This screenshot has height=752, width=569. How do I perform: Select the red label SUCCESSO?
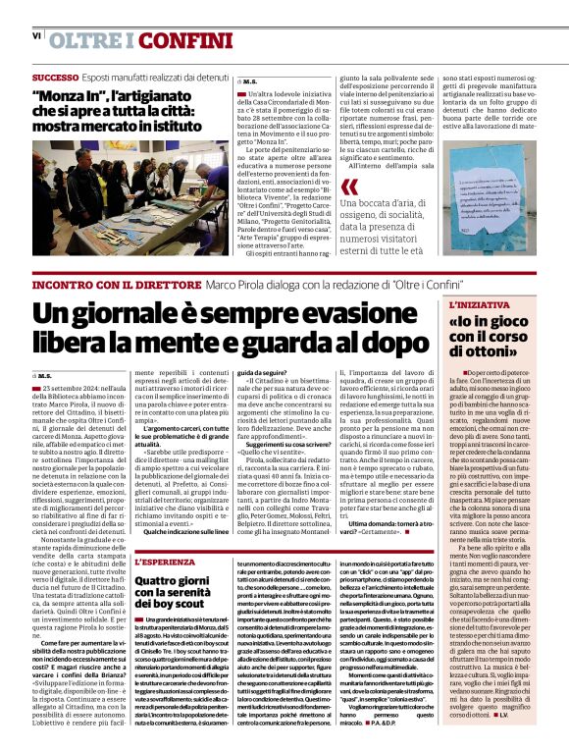tap(55, 77)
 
